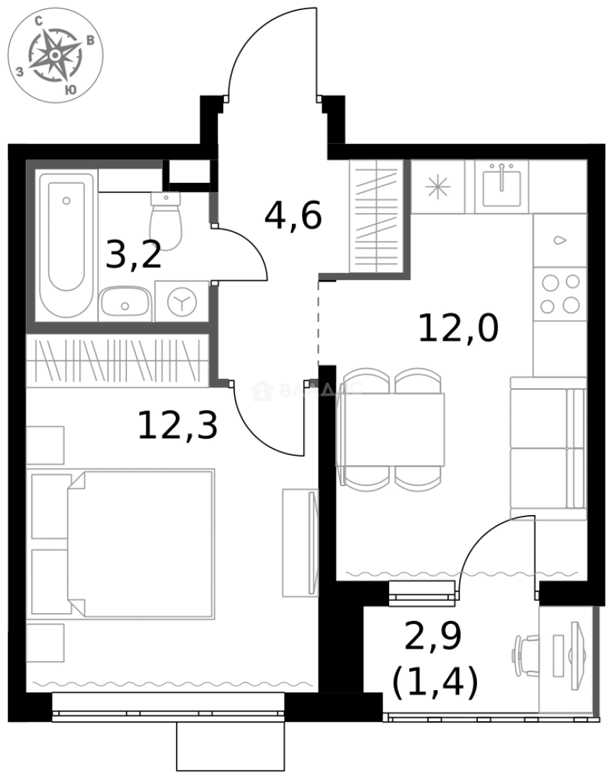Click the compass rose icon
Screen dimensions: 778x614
pos(55,55)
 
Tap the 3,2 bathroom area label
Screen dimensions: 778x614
pos(133,254)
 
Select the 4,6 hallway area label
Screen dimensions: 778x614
pos(293,215)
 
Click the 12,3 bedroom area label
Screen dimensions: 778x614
pos(177,425)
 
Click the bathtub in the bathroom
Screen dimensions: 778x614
pos(66,245)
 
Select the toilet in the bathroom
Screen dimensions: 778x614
pos(166,220)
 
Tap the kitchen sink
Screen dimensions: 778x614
pos(501,184)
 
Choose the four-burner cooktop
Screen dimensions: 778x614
pos(560,293)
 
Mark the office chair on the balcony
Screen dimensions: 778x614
pos(524,656)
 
